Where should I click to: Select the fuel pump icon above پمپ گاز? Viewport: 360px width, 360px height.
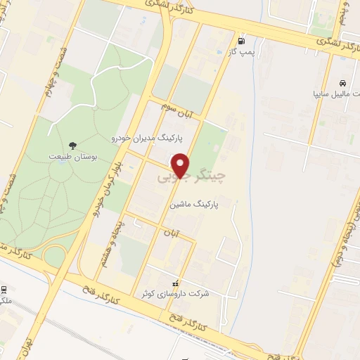pos(243,40)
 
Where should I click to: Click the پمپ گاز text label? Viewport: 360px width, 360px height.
pos(243,52)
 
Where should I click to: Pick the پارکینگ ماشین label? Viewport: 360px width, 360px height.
pos(195,204)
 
